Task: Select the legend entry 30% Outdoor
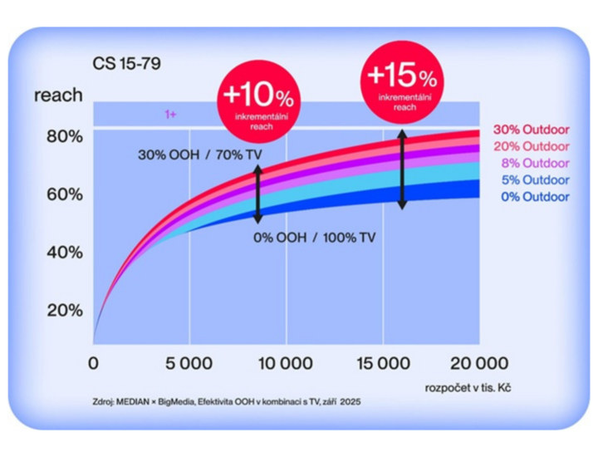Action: pos(531,130)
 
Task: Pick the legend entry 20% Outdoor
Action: pos(531,147)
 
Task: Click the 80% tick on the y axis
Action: pos(64,136)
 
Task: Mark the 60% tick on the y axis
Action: pos(64,194)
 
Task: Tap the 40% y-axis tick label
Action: pos(64,252)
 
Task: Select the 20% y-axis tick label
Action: pos(64,310)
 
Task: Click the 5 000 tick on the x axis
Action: pos(189,363)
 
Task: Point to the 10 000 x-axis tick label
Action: pos(286,363)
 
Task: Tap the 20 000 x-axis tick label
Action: pos(479,363)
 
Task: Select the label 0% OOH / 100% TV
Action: pos(314,237)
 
